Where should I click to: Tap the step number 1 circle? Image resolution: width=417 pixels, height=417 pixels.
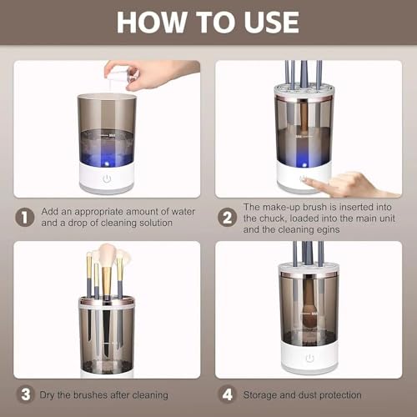[25, 217]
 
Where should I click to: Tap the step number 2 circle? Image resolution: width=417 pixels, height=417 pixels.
[227, 218]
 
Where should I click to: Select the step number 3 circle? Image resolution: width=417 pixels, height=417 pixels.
[25, 394]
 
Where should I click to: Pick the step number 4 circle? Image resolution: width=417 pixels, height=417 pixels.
[228, 394]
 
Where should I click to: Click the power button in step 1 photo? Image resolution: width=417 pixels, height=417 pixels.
[107, 178]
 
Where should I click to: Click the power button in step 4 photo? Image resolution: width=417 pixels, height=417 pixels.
[309, 359]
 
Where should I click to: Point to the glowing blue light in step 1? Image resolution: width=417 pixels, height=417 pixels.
[107, 163]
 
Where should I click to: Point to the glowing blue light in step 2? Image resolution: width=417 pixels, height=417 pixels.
[304, 165]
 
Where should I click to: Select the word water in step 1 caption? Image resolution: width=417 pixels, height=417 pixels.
[183, 212]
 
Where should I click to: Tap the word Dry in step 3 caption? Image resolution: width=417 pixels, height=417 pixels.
[47, 395]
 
